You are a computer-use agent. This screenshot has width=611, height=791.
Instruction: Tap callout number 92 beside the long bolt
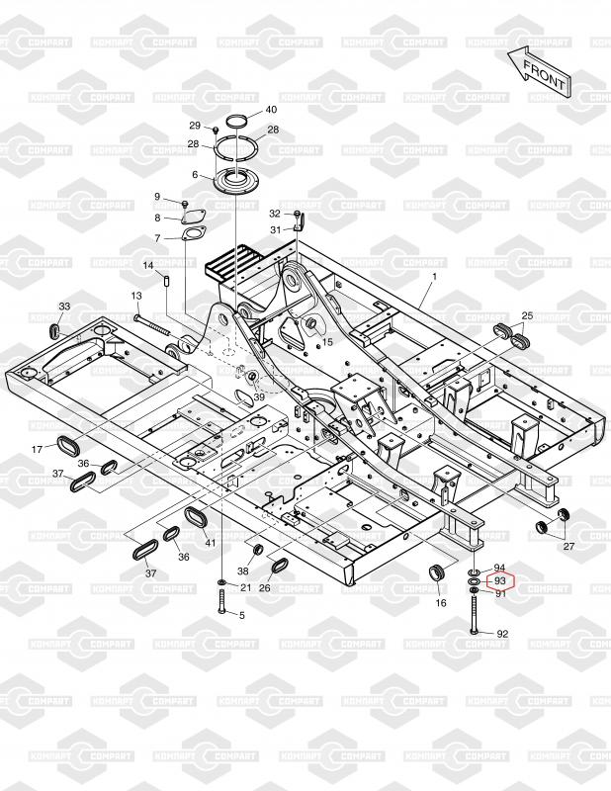coord(501,633)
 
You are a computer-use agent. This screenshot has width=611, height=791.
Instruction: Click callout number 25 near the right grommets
coord(526,315)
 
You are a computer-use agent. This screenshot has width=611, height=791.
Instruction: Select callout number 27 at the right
coord(568,546)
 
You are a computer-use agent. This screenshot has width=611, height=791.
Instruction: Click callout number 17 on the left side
coord(36,449)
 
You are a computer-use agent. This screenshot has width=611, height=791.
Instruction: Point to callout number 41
coord(210,543)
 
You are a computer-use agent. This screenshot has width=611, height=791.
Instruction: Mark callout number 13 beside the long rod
coord(137,296)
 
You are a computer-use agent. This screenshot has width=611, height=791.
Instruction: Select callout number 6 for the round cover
coord(196,175)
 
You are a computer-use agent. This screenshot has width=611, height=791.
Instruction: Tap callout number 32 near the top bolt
coord(275,213)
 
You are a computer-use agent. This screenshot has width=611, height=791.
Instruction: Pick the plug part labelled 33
coord(56,326)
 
